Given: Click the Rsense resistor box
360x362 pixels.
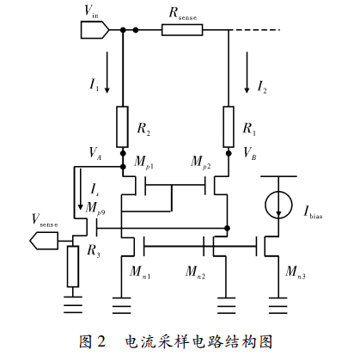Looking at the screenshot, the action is [182, 30].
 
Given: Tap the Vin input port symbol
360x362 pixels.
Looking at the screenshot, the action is [95, 30].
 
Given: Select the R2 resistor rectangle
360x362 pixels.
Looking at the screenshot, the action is [122, 126].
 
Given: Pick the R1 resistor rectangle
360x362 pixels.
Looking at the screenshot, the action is [229, 126].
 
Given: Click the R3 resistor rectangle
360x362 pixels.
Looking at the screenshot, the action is [73, 266].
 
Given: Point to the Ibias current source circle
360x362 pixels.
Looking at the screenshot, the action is [278, 205].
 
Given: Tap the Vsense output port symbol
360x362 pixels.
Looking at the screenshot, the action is [44, 241].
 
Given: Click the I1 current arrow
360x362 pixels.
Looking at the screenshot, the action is [107, 72].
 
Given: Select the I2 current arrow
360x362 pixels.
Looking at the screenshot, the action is [247, 72].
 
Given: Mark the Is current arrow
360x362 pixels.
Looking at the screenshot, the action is [81, 189].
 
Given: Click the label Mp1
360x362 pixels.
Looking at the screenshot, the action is [143, 163].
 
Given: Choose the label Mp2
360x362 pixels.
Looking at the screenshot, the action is [201, 163].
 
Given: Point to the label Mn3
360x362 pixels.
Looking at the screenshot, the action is [296, 272].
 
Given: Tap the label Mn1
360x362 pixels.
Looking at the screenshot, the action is [140, 272].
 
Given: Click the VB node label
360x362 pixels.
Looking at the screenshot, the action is [250, 153].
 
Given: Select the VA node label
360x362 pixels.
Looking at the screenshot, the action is [95, 153].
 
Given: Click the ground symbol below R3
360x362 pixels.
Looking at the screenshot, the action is [73, 304].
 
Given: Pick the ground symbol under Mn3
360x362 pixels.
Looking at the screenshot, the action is [278, 305].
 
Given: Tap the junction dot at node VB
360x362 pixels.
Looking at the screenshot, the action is [229, 153].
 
